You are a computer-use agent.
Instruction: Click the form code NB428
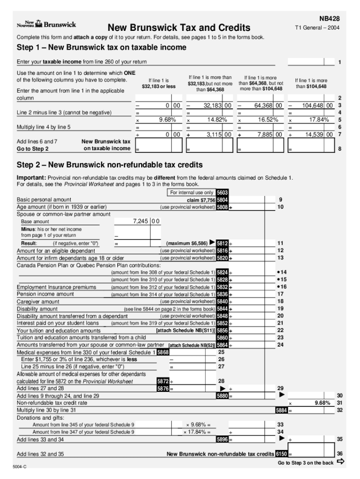pos(329,19)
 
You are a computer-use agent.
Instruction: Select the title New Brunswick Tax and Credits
pos(179,28)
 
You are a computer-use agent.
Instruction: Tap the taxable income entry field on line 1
pos(310,62)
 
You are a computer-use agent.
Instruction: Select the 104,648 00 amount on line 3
pos(317,106)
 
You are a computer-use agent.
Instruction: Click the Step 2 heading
pos(110,165)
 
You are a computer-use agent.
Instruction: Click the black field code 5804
pos(222,200)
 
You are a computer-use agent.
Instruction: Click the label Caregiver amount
pos(38,302)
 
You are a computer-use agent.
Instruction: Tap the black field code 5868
pos(163,352)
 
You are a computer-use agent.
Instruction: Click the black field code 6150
pos(281,454)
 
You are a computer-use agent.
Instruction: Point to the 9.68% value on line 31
pos(323,403)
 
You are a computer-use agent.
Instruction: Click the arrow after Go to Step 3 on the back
pos(340,462)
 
